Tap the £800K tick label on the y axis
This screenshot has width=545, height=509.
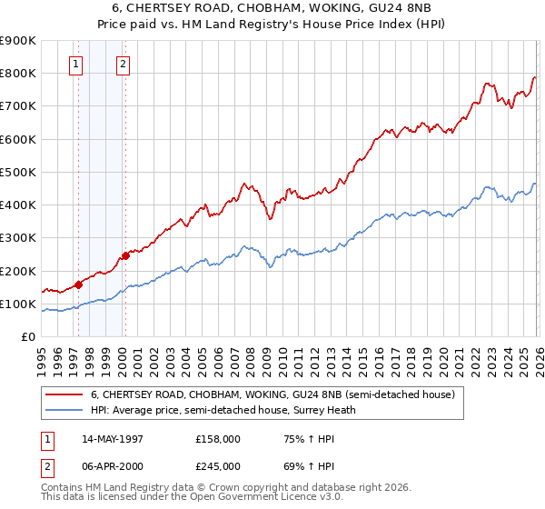point(18,73)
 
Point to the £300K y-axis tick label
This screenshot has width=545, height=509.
point(18,238)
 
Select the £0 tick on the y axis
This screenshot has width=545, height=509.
point(27,337)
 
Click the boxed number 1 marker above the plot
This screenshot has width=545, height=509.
point(74,64)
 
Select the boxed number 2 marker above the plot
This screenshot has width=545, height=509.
point(123,64)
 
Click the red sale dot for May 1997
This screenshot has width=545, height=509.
point(79,284)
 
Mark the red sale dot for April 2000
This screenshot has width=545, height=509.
point(125,255)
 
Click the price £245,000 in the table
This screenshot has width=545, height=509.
point(218,465)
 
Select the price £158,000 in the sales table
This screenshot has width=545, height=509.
point(218,438)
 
